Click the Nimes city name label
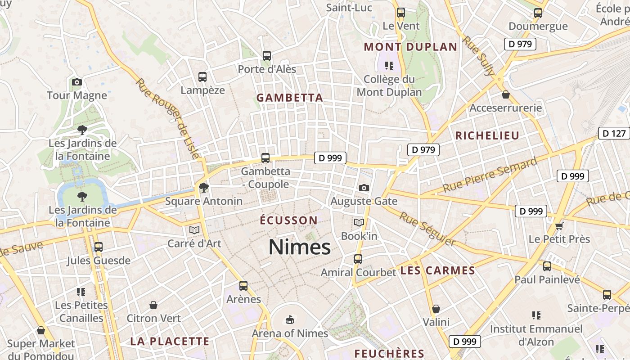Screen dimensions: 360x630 [300, 247]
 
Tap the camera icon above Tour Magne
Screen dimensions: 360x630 [77, 82]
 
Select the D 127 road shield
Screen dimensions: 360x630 [614, 133]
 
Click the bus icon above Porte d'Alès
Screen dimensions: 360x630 [267, 56]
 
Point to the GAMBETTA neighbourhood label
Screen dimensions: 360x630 [290, 98]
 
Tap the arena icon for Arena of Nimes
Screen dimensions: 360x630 [289, 319]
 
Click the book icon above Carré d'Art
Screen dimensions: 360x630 [194, 230]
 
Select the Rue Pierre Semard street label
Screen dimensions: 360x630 [490, 175]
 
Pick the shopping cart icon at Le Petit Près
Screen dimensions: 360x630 [559, 225]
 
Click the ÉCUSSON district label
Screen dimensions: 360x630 [289, 220]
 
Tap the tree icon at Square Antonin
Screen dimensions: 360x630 [204, 187]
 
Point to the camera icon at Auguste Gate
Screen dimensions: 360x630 [364, 188]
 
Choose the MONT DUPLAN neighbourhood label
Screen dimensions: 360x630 [410, 47]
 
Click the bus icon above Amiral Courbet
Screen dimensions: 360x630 [358, 259]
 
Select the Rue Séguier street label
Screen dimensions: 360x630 [428, 229]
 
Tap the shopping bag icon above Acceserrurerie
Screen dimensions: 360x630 [506, 94]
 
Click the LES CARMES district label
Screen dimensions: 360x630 [437, 270]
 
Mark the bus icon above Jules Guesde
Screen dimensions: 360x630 [99, 247]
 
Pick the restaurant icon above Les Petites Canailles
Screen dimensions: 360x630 [81, 292]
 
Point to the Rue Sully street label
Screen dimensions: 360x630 [478, 56]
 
